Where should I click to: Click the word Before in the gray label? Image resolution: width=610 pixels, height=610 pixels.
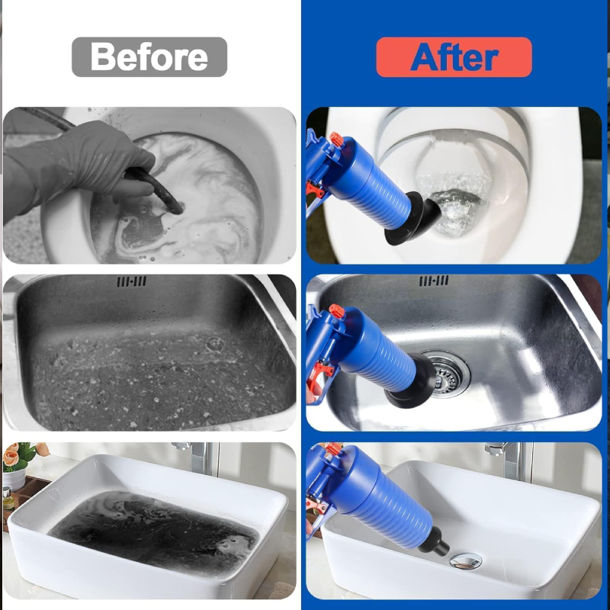149,56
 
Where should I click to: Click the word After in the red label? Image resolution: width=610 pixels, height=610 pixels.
454,57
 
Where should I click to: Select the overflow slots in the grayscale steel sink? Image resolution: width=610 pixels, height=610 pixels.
131,281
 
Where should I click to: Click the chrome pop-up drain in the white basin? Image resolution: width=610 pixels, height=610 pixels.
466,561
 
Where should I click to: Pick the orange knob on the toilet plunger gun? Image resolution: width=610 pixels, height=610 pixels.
336,140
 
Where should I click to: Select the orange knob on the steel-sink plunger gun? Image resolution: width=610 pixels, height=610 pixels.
337,311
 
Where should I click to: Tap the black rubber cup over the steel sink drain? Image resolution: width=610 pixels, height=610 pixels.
411,380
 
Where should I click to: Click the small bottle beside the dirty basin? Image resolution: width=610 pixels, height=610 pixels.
8,498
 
